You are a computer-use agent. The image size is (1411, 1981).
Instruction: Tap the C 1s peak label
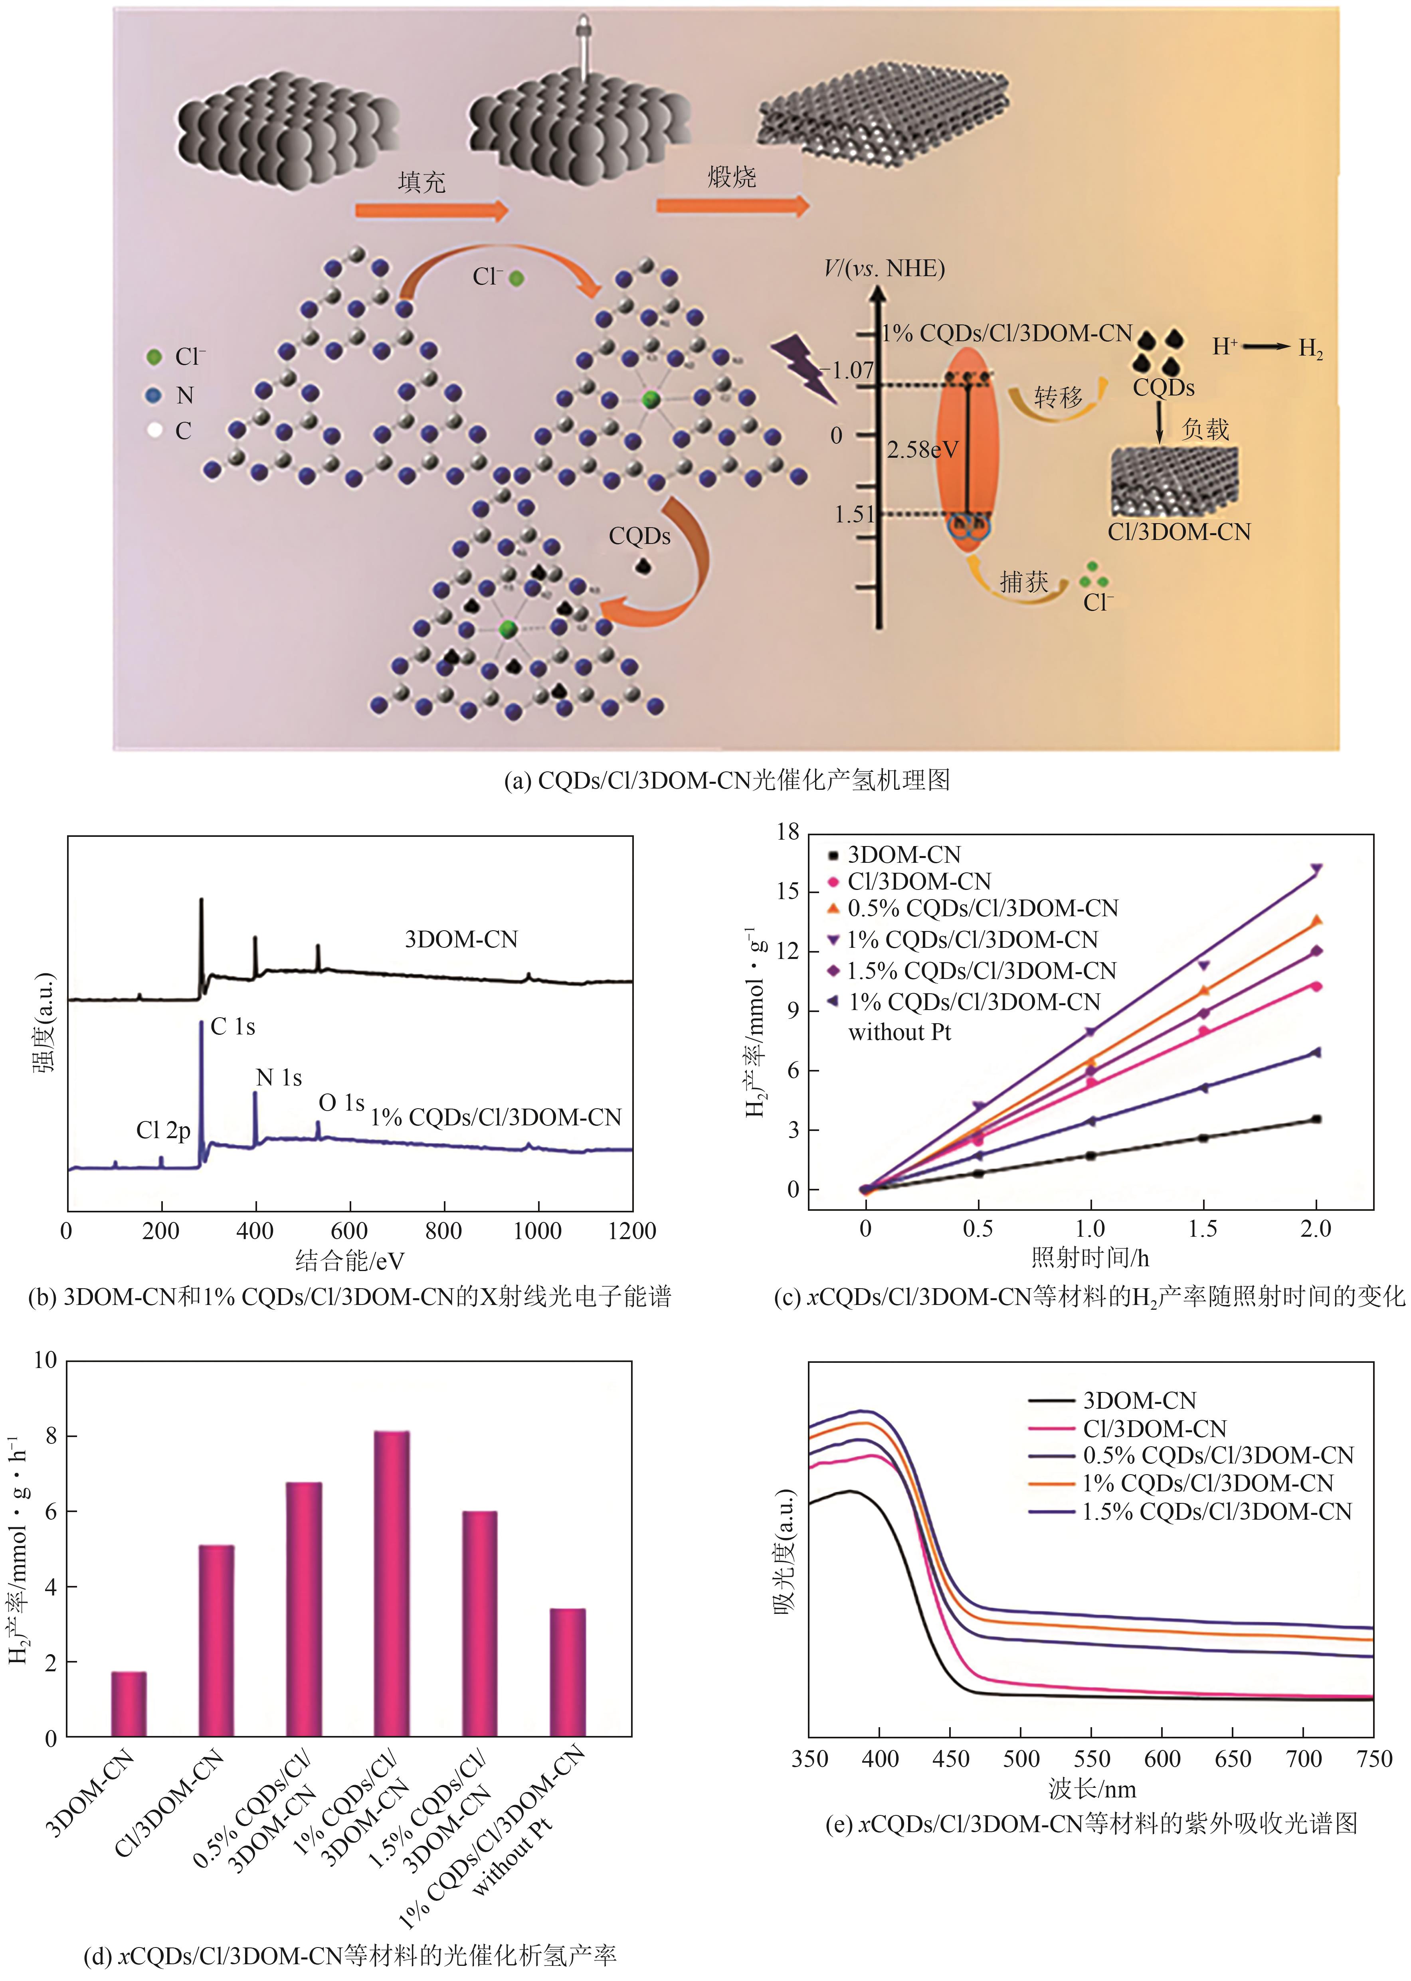233,1027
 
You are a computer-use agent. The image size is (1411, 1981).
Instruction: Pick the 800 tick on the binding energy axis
443,1231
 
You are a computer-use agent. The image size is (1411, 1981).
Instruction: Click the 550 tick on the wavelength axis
1091,1759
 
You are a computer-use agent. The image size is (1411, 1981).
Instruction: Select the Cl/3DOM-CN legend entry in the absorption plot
1154,1429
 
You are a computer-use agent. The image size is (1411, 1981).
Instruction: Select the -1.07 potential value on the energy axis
849,371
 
